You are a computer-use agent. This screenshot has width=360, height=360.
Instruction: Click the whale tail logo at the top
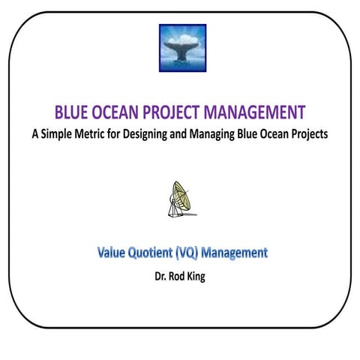[182, 48]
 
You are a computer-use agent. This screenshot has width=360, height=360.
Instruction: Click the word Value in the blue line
[113, 253]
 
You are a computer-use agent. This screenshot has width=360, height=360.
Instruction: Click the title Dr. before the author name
[160, 275]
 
